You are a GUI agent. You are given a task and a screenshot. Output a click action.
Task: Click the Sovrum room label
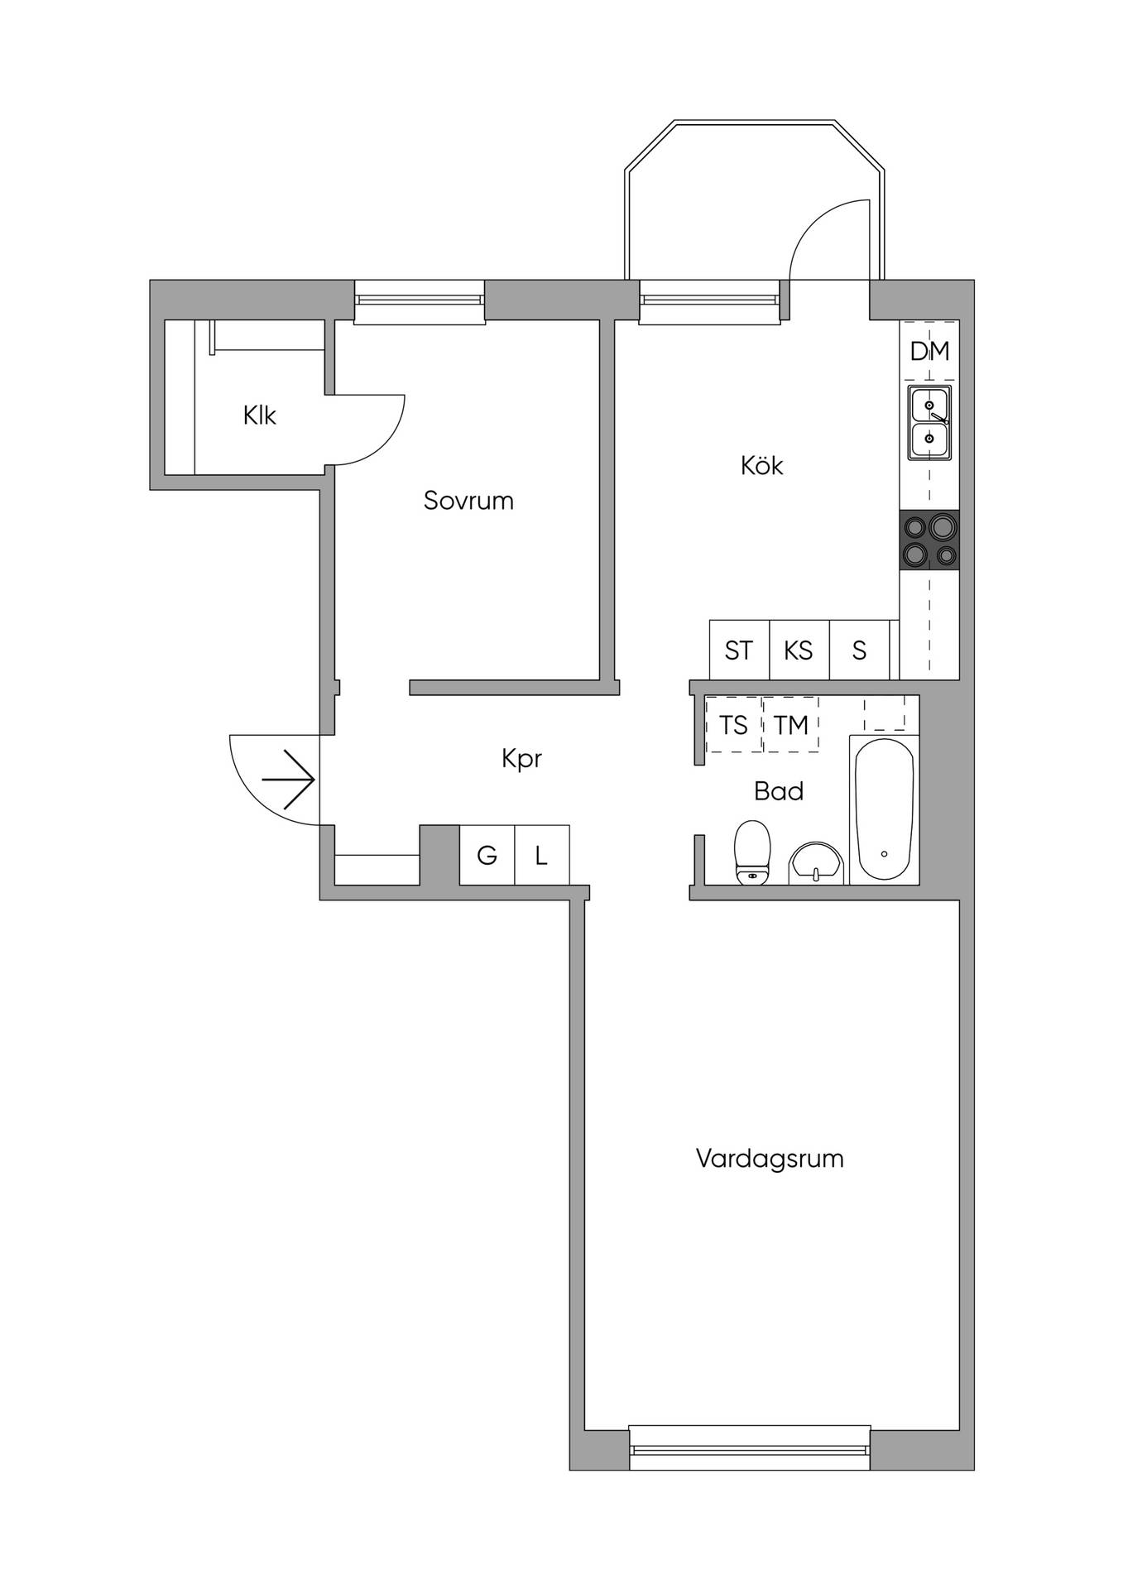coord(468,501)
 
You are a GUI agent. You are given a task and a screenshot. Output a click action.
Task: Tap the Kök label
coord(761,465)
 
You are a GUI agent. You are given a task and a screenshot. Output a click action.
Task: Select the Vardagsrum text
coord(770,1159)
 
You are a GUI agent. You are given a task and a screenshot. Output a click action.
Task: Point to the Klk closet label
coord(259,415)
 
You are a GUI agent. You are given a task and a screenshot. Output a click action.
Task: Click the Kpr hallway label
coord(521,759)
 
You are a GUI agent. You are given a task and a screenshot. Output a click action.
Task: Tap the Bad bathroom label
coord(779,791)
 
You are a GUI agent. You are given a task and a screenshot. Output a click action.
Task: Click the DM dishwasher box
coord(929,351)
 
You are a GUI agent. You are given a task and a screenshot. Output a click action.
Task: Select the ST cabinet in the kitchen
coord(739,650)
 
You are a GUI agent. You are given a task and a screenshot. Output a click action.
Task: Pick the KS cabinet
coord(799,650)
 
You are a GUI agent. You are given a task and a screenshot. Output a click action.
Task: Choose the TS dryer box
coord(734,725)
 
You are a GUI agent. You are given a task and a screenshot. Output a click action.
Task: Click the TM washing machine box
coord(790,725)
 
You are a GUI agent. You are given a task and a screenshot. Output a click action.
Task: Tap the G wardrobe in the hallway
coord(487,855)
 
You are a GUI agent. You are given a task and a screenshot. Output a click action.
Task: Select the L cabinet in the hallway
coord(541,855)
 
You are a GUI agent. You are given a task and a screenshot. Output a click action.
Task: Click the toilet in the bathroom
coord(752,852)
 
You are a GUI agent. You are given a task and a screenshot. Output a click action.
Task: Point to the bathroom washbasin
coord(816,864)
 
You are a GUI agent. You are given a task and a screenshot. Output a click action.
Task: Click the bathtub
coord(885,809)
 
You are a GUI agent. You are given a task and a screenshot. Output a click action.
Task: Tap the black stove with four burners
coord(929,540)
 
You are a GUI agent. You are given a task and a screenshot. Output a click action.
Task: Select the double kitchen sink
coord(929,423)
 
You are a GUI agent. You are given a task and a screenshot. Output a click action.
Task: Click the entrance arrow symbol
coord(289,780)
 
